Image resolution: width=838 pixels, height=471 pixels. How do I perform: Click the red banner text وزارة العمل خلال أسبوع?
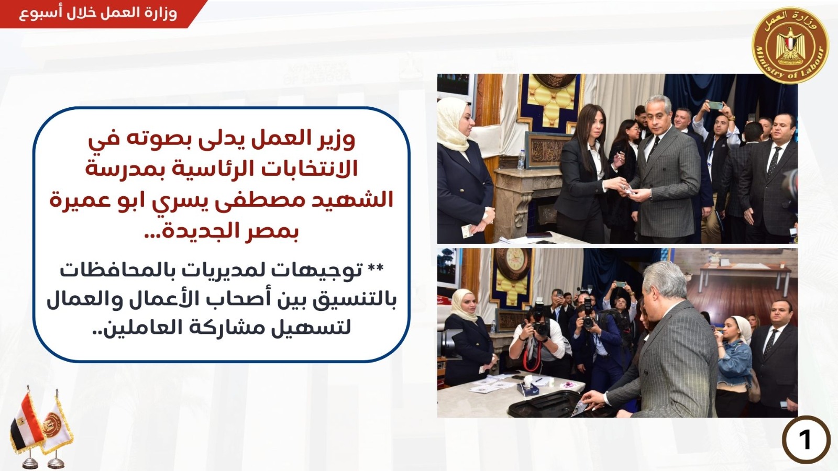97,13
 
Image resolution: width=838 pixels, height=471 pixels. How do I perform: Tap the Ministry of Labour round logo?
790,46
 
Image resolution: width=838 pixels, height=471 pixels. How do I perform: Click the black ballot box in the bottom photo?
549,403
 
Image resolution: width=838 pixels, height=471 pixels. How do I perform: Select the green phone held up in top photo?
715,105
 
